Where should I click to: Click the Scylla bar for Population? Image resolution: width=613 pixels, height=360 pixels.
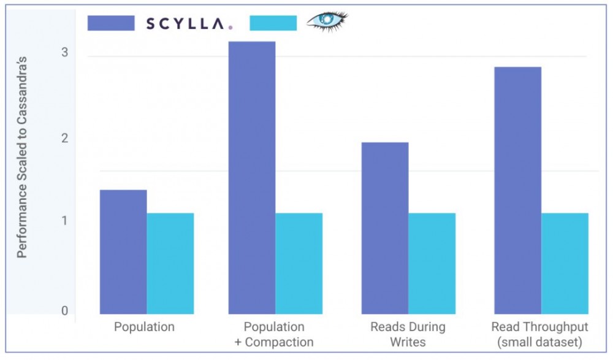coord(123,252)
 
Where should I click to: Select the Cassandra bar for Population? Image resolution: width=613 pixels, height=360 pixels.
coord(170,264)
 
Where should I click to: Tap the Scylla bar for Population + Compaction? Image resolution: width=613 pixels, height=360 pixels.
coord(252,178)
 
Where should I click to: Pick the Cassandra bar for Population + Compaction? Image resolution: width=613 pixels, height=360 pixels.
coord(299,264)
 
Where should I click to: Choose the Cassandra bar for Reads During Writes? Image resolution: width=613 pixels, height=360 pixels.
coord(432,264)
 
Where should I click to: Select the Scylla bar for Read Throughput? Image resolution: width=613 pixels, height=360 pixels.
coord(517,190)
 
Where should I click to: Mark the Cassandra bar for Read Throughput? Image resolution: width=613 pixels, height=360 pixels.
coord(565,264)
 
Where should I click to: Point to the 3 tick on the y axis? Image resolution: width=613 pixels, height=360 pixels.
coord(64,53)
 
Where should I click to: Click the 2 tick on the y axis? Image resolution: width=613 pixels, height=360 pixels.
coord(64,138)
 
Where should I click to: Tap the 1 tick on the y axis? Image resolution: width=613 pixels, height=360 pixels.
coord(64,221)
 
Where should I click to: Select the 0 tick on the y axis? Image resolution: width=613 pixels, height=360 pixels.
coord(64,311)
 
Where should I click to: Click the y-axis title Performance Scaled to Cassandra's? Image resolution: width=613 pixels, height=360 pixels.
coord(22,156)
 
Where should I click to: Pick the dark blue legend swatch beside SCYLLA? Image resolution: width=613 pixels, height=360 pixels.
coord(111,23)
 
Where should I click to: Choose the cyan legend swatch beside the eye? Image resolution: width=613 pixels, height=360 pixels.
coord(273,23)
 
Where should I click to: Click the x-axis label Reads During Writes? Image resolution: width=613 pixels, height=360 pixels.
coord(408,334)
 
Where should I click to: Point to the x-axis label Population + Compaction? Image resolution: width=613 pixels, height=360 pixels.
coord(274,334)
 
